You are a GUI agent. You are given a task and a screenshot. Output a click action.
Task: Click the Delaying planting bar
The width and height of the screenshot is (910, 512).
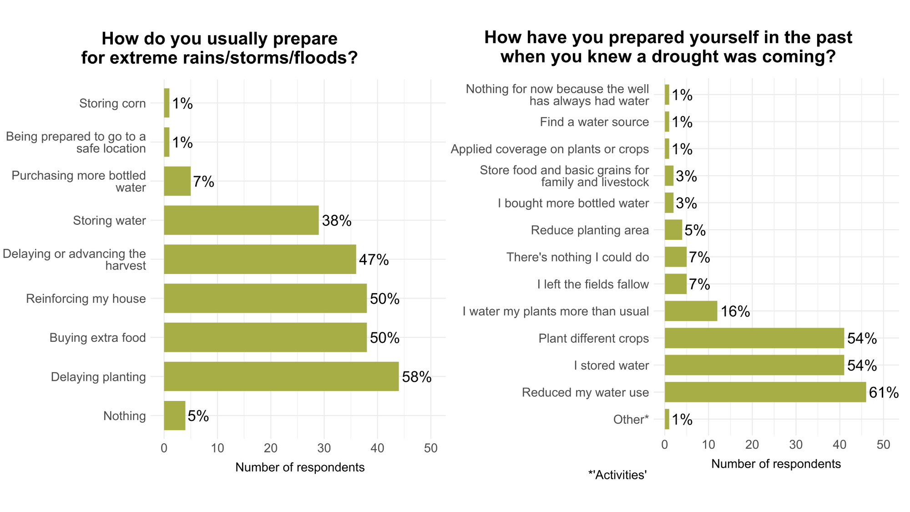(281, 376)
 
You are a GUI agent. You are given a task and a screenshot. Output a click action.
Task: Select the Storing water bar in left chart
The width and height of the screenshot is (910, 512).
(241, 220)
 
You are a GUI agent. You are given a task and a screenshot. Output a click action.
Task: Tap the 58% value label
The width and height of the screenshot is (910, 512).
(416, 377)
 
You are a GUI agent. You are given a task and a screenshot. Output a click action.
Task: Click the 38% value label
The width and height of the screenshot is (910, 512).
(337, 221)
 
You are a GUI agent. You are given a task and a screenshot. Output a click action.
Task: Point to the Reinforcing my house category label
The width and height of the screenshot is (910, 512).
(86, 299)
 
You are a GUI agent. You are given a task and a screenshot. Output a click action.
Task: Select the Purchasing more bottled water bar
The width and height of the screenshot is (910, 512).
(177, 181)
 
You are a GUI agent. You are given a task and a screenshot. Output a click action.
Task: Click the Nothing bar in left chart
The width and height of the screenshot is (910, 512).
(174, 416)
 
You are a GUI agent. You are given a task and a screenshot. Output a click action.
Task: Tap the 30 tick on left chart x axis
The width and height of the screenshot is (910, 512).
(324, 448)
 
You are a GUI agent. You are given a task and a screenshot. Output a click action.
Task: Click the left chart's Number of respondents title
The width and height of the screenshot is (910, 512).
(300, 467)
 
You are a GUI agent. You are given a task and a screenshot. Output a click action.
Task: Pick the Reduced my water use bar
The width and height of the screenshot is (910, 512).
(765, 392)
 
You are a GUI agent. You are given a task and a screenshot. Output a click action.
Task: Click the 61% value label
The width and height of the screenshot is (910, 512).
(884, 392)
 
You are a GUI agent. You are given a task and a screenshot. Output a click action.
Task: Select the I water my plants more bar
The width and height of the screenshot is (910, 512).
(691, 311)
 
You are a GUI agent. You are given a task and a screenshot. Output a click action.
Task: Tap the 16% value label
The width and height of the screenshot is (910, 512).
(735, 311)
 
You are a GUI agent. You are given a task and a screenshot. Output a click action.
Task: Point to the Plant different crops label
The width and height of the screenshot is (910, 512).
(593, 338)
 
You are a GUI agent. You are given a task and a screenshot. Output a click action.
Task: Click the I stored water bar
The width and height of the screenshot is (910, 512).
(754, 365)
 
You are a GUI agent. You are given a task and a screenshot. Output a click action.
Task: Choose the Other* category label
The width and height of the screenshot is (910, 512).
(631, 419)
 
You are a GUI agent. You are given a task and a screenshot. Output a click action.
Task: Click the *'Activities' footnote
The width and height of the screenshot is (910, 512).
(617, 475)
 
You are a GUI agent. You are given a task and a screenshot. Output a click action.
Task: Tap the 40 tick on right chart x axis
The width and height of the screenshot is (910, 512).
(839, 445)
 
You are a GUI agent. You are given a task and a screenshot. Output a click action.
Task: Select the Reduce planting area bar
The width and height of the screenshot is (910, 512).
(673, 230)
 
